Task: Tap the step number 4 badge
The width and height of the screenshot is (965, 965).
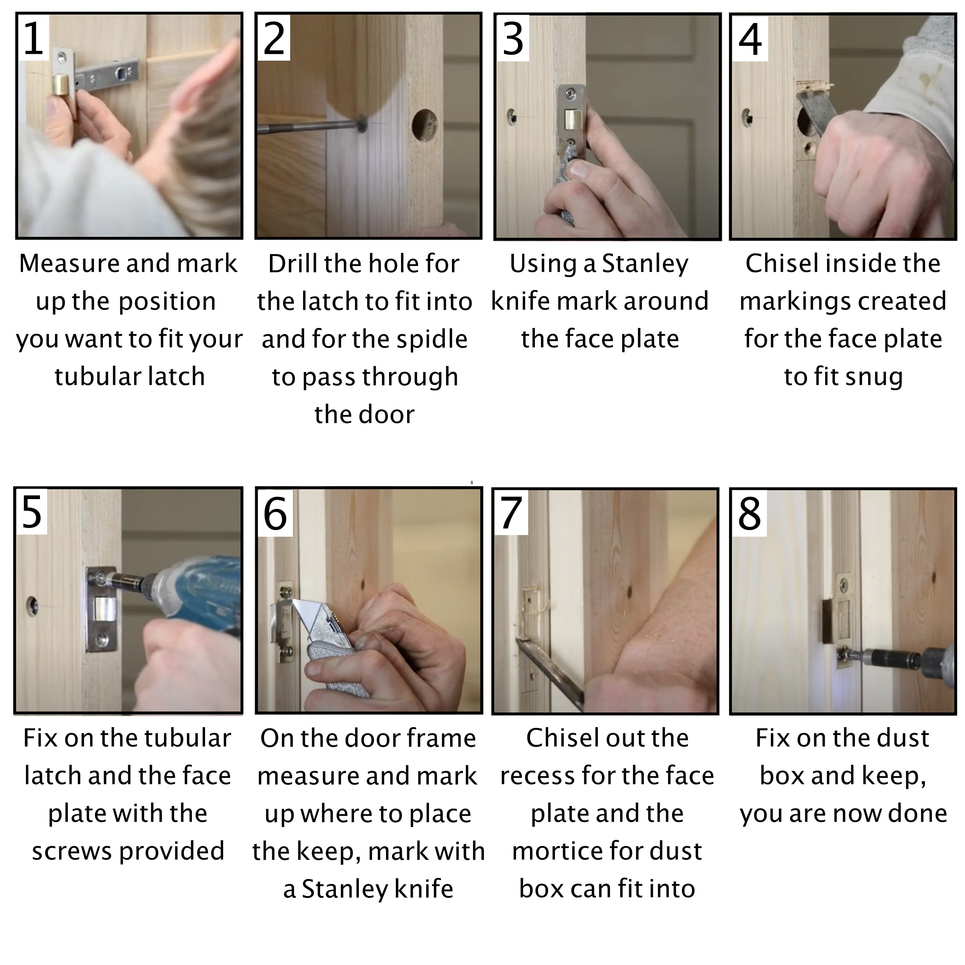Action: click(750, 38)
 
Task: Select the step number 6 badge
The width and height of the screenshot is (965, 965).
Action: click(275, 513)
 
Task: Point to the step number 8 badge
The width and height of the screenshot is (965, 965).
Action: click(749, 513)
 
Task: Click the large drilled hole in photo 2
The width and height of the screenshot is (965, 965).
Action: click(424, 125)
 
